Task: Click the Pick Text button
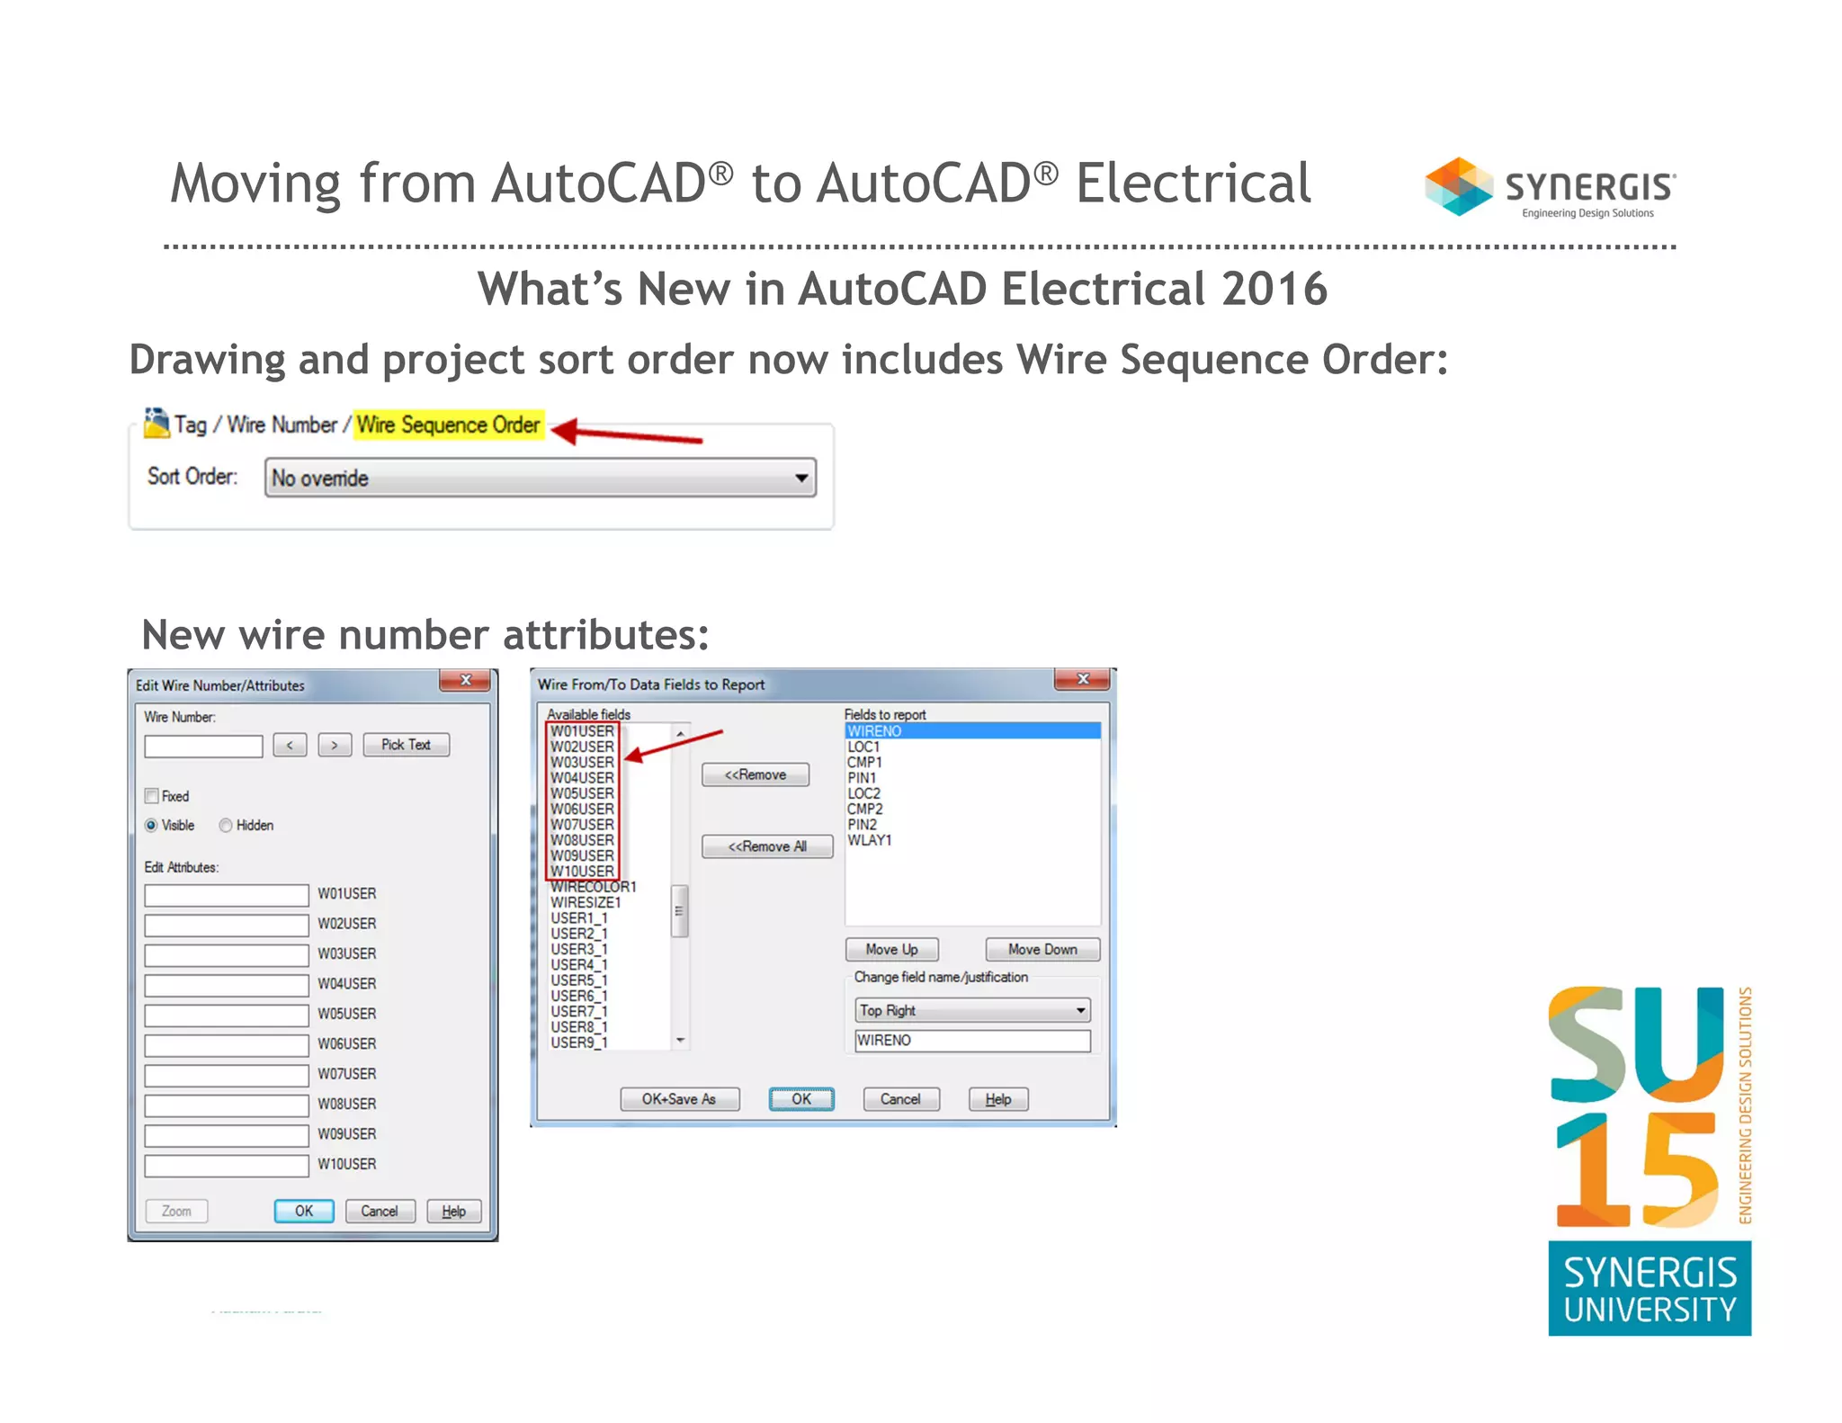point(406,745)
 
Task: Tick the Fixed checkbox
point(152,796)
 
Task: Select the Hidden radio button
point(227,826)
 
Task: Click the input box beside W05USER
point(227,1015)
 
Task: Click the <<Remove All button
point(766,846)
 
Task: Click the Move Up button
point(891,950)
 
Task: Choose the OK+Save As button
point(679,1099)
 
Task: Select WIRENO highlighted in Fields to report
point(874,731)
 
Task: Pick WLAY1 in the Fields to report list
point(869,840)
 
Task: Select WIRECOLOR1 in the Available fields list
point(593,887)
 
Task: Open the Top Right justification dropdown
point(972,1010)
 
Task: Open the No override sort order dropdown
point(540,478)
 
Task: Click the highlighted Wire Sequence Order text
point(448,425)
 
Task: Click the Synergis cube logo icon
point(1458,186)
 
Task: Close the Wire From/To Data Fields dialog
point(1083,679)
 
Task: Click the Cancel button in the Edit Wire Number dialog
point(379,1212)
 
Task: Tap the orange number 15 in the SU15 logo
point(1637,1169)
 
